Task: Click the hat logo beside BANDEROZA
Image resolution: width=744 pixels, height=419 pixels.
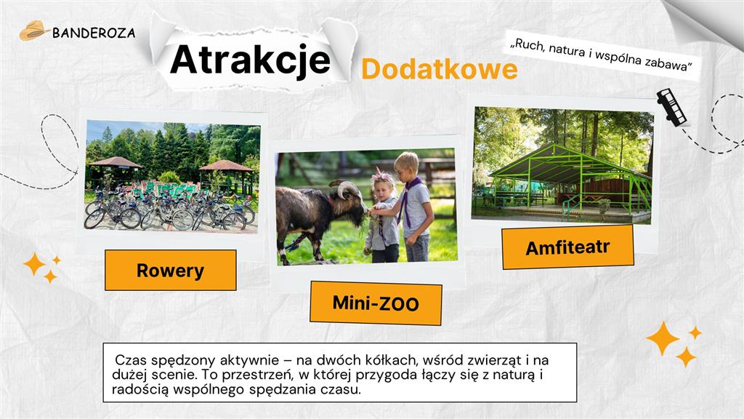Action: pyautogui.click(x=34, y=31)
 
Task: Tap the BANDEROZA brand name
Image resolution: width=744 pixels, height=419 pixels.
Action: pyautogui.click(x=94, y=33)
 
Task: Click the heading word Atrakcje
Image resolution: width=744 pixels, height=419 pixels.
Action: pyautogui.click(x=250, y=60)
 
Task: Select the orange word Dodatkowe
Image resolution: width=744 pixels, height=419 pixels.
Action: pyautogui.click(x=440, y=69)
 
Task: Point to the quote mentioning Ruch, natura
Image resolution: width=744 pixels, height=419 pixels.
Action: pyautogui.click(x=601, y=55)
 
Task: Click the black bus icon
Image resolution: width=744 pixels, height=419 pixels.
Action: pyautogui.click(x=672, y=107)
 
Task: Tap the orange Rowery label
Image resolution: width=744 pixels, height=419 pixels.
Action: pyautogui.click(x=170, y=271)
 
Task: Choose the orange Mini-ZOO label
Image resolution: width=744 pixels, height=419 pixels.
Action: pyautogui.click(x=376, y=303)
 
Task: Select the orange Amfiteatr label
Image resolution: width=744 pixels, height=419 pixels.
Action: pyautogui.click(x=567, y=247)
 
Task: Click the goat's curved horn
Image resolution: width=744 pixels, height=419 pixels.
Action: pyautogui.click(x=345, y=188)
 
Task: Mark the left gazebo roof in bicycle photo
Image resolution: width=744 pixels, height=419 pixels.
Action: pyautogui.click(x=116, y=162)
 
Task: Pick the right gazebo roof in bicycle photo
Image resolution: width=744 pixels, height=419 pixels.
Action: pyautogui.click(x=225, y=166)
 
